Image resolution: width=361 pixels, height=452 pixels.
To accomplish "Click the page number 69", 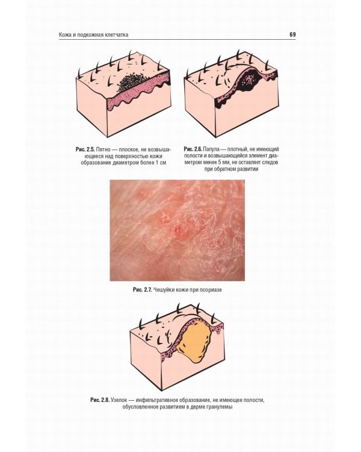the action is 292,34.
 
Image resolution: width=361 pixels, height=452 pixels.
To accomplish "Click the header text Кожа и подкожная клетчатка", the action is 94,35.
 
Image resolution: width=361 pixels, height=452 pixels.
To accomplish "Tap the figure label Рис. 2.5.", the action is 85,149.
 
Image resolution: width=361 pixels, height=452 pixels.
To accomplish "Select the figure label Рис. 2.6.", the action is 193,149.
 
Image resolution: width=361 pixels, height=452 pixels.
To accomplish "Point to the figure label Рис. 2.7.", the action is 142,290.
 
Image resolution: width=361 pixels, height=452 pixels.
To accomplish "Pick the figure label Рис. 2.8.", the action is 100,400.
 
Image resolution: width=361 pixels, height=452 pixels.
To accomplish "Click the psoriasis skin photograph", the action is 177,230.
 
